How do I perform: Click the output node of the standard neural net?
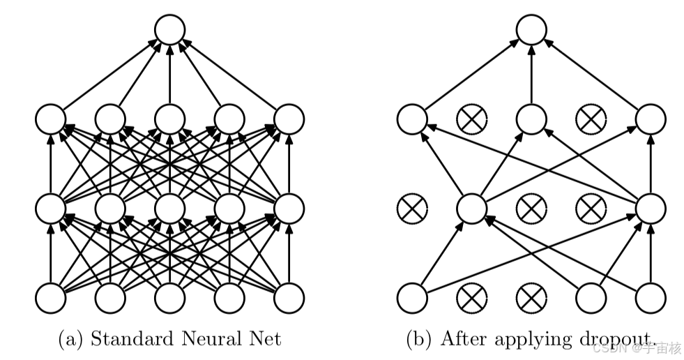click(x=169, y=30)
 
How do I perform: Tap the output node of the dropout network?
click(x=532, y=30)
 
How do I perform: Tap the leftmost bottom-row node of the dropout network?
click(x=412, y=298)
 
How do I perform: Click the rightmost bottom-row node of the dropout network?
click(x=651, y=298)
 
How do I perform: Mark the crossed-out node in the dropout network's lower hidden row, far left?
click(x=412, y=208)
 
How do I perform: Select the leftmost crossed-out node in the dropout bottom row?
click(x=472, y=298)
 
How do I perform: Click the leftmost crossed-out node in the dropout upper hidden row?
click(x=472, y=119)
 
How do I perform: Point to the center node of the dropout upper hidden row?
click(x=532, y=119)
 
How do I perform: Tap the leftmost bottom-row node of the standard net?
click(x=51, y=298)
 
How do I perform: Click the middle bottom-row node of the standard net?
click(x=169, y=298)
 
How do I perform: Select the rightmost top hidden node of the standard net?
click(x=289, y=119)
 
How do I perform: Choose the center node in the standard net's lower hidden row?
click(x=169, y=208)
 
